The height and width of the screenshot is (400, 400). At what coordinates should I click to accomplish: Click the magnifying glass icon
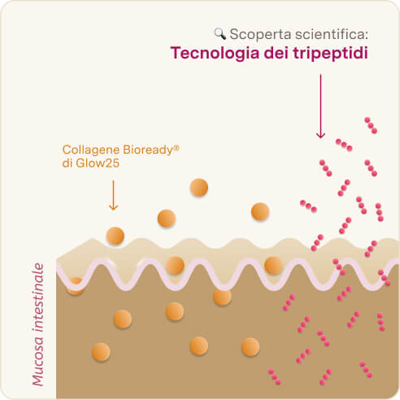click(x=220, y=34)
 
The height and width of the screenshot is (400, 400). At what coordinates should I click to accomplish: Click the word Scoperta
click(x=260, y=34)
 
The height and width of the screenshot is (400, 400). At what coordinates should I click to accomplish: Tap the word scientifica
click(x=331, y=34)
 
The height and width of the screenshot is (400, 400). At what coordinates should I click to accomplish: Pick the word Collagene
click(x=91, y=150)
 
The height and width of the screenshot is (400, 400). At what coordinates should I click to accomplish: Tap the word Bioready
click(x=148, y=150)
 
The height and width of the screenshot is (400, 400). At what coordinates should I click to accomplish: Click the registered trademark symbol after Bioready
click(x=176, y=147)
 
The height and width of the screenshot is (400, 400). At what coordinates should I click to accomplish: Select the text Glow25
click(x=98, y=163)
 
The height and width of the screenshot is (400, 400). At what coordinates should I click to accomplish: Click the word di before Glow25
click(x=67, y=163)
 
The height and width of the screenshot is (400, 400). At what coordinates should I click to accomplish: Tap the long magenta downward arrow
click(x=320, y=107)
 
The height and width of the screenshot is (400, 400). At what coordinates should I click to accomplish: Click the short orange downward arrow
click(x=113, y=195)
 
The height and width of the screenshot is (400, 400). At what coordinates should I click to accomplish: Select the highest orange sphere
click(x=199, y=187)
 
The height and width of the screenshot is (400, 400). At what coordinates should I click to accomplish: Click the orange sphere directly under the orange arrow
click(x=115, y=236)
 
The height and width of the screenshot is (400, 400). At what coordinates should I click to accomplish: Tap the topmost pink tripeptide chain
click(x=371, y=125)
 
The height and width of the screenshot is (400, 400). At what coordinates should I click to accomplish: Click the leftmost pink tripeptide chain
click(x=274, y=376)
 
